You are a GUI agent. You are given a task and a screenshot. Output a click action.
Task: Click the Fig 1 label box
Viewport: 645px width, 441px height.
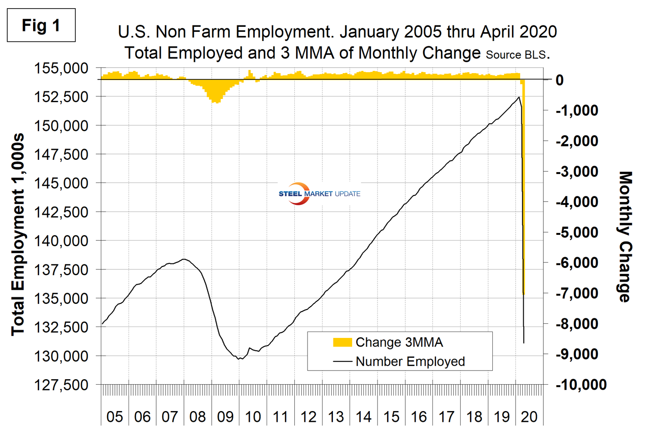coord(41,25)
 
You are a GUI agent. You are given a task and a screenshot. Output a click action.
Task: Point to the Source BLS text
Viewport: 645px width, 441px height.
coord(516,55)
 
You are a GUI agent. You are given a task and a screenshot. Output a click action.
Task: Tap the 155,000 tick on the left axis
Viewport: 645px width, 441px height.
coord(61,69)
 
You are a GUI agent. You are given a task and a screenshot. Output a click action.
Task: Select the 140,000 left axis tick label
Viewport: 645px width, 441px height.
coord(61,241)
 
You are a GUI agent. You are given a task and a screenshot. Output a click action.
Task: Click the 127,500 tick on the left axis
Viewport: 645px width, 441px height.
coord(61,385)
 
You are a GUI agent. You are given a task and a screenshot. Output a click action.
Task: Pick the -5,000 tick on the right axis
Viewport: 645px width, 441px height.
coord(577,232)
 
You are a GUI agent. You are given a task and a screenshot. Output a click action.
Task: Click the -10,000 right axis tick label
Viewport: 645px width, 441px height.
coord(581,385)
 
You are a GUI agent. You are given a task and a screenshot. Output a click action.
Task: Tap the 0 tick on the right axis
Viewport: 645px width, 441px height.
coord(560,80)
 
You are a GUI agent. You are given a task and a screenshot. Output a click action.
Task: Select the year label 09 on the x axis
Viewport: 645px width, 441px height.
coord(225,416)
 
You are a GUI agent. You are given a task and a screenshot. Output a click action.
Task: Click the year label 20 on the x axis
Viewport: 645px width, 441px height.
coord(530,416)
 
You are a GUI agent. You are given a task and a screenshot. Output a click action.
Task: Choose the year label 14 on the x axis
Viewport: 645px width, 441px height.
coord(363,416)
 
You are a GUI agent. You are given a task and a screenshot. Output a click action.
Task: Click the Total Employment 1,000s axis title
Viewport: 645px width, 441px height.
coord(18,234)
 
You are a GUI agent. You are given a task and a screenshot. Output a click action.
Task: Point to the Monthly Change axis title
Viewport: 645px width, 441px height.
coord(626,237)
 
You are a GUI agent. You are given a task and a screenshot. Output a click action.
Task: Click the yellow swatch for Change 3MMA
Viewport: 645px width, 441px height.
coord(342,342)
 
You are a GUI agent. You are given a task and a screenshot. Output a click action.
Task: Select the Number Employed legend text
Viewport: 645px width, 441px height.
coord(410,362)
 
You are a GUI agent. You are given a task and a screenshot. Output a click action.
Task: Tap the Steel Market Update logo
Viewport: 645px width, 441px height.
coord(319,194)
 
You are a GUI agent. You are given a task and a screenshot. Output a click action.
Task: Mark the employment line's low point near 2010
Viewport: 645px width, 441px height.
coord(239,359)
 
